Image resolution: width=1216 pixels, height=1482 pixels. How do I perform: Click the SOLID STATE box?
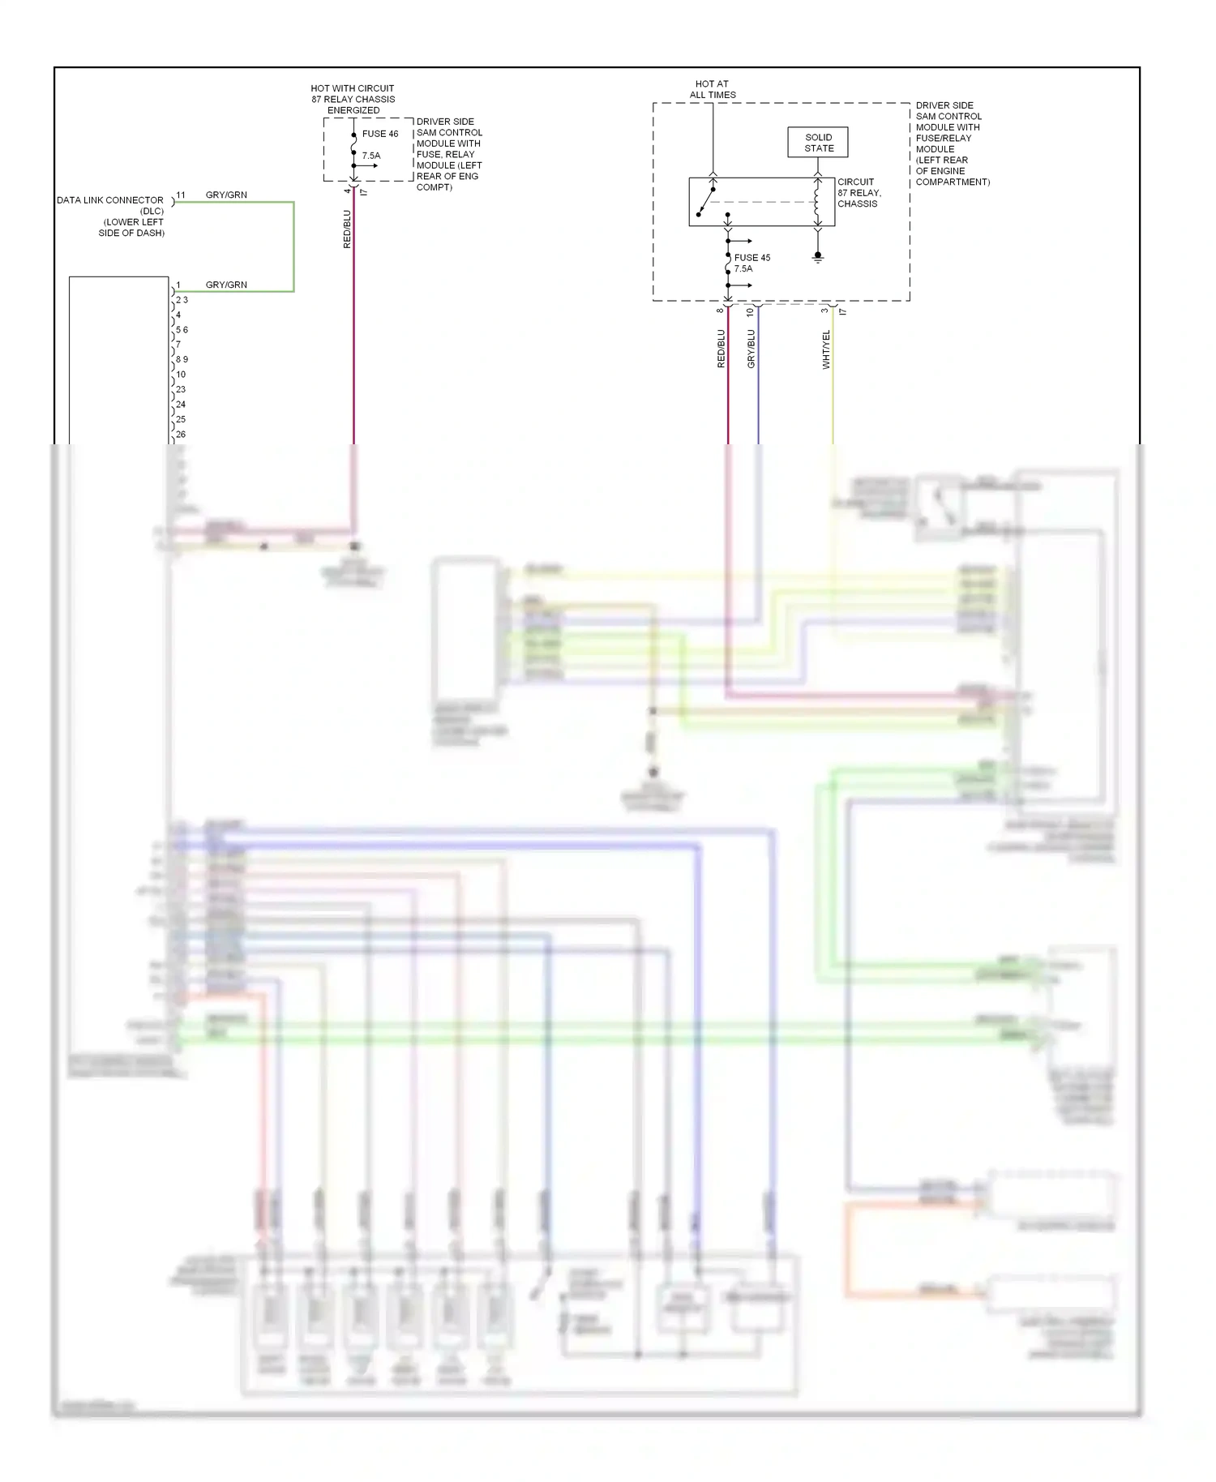(818, 143)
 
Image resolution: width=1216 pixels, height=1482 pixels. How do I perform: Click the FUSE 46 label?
(380, 134)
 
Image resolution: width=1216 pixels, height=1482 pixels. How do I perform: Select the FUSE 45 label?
(751, 258)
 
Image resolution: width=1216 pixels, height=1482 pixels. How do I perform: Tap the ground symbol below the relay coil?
(818, 258)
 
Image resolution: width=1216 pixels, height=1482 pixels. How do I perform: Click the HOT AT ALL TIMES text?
(713, 89)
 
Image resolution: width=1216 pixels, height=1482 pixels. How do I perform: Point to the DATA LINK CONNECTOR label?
(110, 200)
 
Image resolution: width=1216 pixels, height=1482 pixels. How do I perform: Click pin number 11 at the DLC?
(181, 195)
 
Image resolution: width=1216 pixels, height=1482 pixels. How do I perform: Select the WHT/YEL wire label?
(826, 349)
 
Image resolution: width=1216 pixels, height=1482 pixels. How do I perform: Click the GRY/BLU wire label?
(751, 349)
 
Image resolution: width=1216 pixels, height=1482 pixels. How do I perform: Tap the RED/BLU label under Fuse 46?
(347, 229)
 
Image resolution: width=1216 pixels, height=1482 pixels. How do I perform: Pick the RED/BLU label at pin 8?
(721, 349)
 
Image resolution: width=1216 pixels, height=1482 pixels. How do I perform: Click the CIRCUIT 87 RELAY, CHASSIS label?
(858, 193)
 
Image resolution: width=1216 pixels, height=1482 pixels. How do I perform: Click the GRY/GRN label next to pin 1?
(226, 285)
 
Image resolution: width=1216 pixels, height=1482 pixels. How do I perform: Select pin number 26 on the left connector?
(181, 435)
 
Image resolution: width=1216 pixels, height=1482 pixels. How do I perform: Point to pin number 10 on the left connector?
(181, 375)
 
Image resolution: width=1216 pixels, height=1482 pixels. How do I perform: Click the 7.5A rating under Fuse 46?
(370, 156)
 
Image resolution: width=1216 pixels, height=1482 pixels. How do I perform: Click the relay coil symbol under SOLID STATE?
(817, 203)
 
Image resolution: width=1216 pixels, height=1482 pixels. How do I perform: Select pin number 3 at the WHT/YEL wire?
(824, 311)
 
